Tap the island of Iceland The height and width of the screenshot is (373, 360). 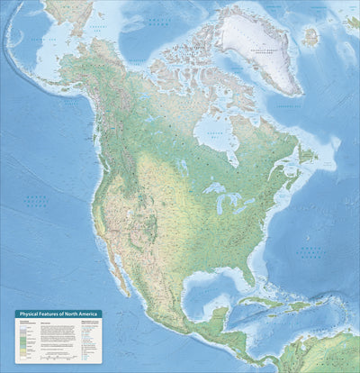coord(311,37)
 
